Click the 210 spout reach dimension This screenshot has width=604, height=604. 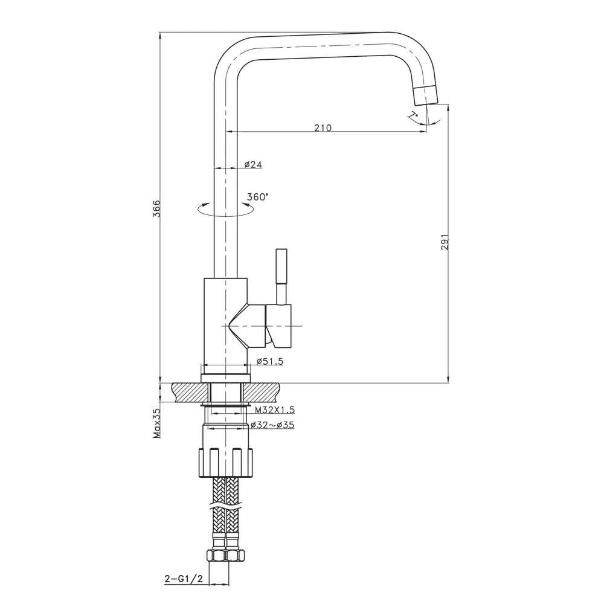[x=323, y=127]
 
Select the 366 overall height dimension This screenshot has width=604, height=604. [x=156, y=208]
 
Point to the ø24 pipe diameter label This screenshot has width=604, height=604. [x=253, y=164]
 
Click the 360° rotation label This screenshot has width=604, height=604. [x=258, y=196]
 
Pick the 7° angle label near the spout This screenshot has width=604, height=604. [x=413, y=115]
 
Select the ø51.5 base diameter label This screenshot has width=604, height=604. [x=269, y=361]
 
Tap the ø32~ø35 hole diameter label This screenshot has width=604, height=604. [x=274, y=425]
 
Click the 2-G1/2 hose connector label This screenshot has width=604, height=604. [x=182, y=579]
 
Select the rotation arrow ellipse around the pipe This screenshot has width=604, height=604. [x=224, y=209]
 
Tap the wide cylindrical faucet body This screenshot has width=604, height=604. [x=225, y=320]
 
